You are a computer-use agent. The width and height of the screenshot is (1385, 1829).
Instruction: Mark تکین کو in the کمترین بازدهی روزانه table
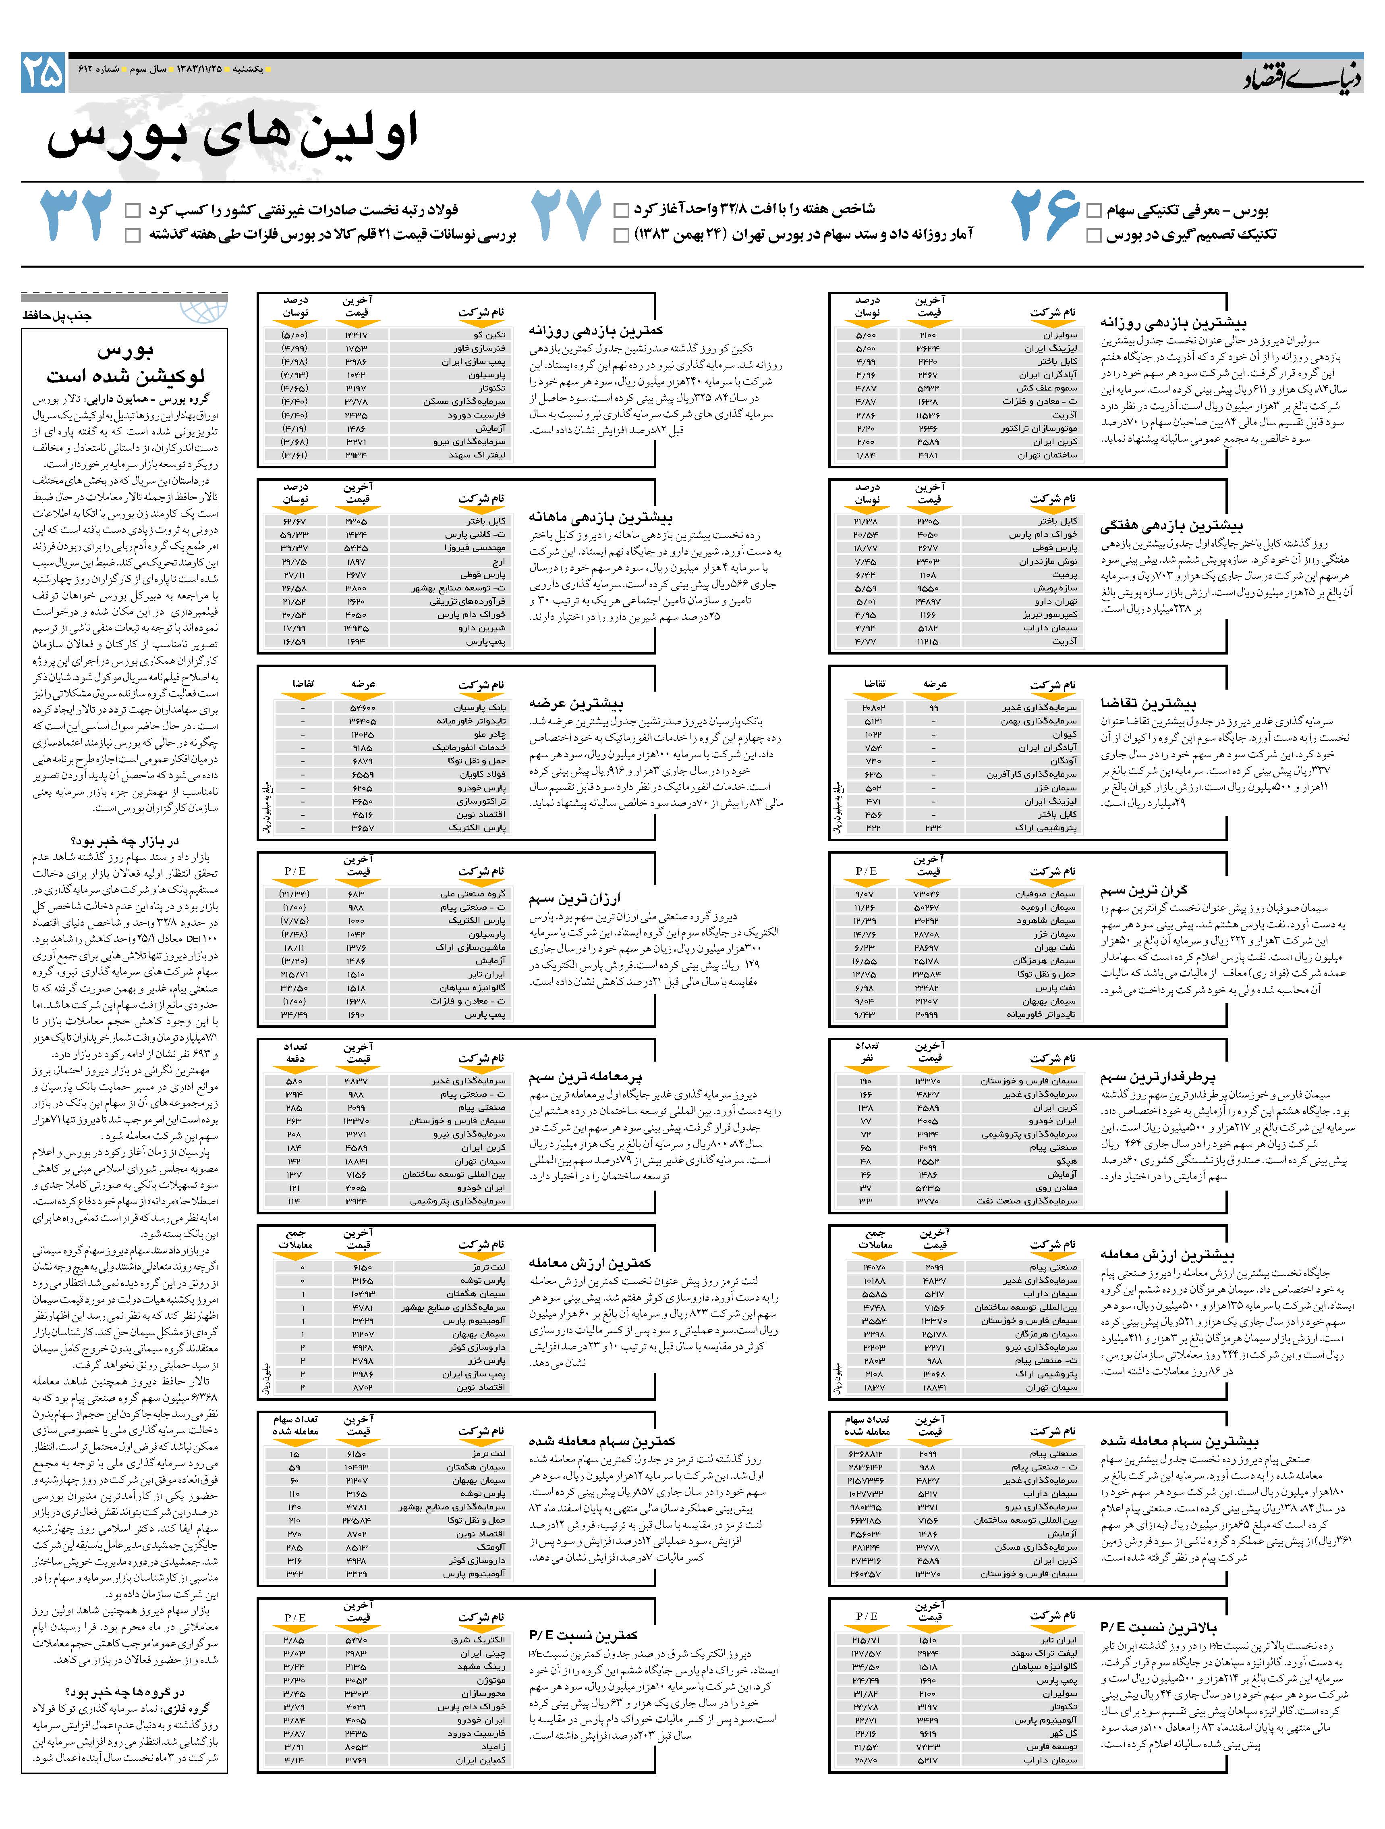pyautogui.click(x=489, y=335)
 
